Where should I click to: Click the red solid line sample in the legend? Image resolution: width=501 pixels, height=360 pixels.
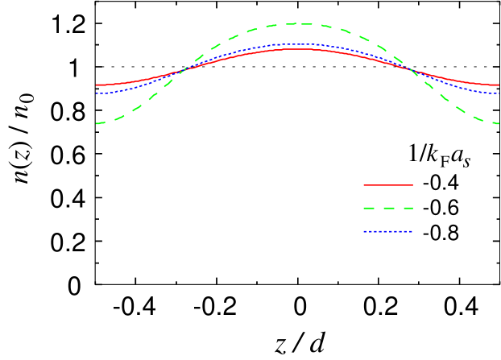pos(388,185)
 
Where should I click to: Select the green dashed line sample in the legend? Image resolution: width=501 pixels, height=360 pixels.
pos(388,209)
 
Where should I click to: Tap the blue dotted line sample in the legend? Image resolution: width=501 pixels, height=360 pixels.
pos(388,232)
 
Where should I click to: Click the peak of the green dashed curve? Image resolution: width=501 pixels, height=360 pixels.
pos(297,24)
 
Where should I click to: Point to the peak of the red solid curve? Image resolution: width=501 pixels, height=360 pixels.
pos(297,49)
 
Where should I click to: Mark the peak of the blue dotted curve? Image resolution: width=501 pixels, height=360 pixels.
pos(297,44)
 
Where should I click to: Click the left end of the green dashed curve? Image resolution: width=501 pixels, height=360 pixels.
pos(97,123)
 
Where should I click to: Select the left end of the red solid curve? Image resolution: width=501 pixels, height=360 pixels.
pos(97,85)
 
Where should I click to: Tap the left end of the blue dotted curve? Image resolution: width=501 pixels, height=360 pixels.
pos(97,93)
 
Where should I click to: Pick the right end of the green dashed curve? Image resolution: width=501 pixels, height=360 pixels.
pos(499,123)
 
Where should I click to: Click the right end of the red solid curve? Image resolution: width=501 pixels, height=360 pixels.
pos(499,85)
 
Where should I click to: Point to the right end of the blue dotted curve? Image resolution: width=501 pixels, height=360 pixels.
pos(499,93)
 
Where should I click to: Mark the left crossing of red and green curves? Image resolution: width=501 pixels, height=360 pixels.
pos(182,70)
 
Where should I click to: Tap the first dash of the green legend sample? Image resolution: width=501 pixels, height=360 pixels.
pos(369,209)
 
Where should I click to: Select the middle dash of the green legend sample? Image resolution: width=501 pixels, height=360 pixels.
pos(388,209)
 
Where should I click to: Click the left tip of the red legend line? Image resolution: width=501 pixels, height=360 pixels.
pos(364,185)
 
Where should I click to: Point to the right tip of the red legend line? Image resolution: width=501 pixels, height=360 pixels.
pos(412,185)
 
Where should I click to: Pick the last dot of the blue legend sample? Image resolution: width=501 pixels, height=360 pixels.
pos(411,232)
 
